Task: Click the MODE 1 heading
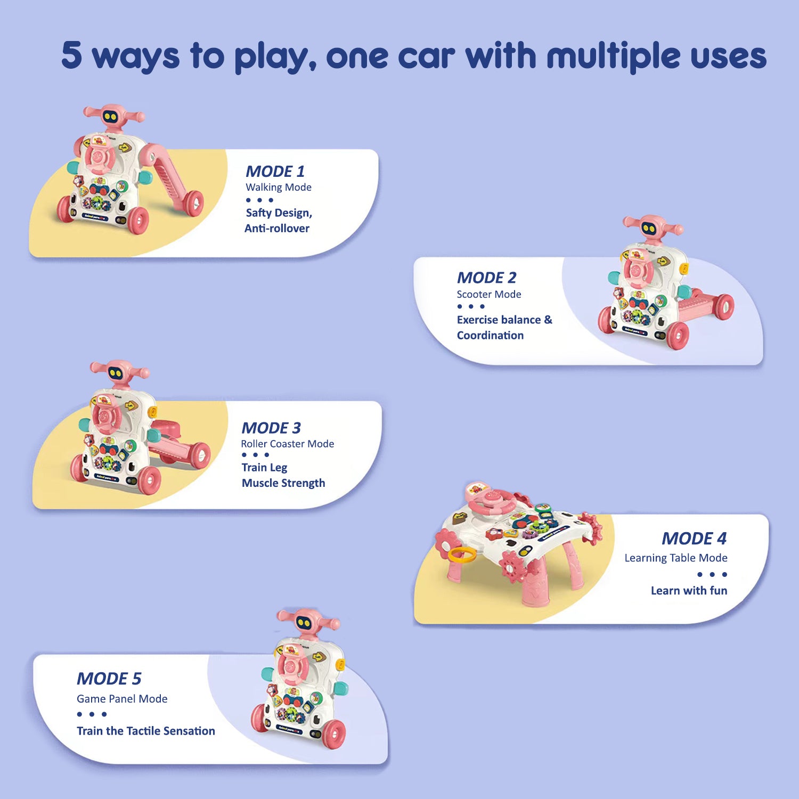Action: click(275, 172)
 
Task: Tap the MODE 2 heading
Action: click(486, 278)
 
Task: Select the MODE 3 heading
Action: click(271, 428)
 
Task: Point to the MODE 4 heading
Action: click(694, 539)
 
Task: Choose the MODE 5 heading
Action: click(109, 679)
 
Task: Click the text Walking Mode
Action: click(279, 187)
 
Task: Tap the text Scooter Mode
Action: click(488, 294)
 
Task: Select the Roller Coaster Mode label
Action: click(287, 444)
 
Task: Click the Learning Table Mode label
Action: click(675, 558)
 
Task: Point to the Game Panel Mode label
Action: click(122, 699)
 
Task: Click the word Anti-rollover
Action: click(277, 229)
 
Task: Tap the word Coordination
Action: click(490, 336)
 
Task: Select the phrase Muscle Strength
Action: click(283, 483)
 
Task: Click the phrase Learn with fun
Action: click(689, 591)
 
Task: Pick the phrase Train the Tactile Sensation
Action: click(145, 731)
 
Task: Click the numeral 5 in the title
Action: click(72, 55)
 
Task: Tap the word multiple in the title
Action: click(613, 56)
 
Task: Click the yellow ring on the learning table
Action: click(462, 556)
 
